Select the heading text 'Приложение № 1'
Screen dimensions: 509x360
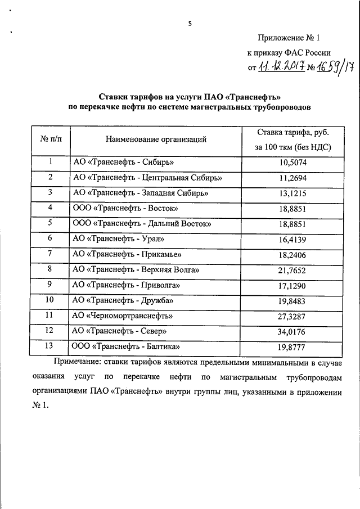[289, 38]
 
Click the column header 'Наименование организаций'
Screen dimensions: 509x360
[156, 139]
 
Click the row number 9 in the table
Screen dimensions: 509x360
[50, 284]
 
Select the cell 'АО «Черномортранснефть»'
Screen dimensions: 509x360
[123, 316]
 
